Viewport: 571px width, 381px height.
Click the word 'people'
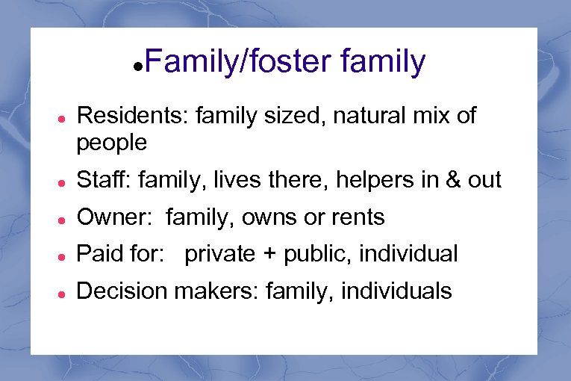coord(112,142)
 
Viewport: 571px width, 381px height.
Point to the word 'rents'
coord(356,217)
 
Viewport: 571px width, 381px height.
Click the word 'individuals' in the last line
coord(396,291)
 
